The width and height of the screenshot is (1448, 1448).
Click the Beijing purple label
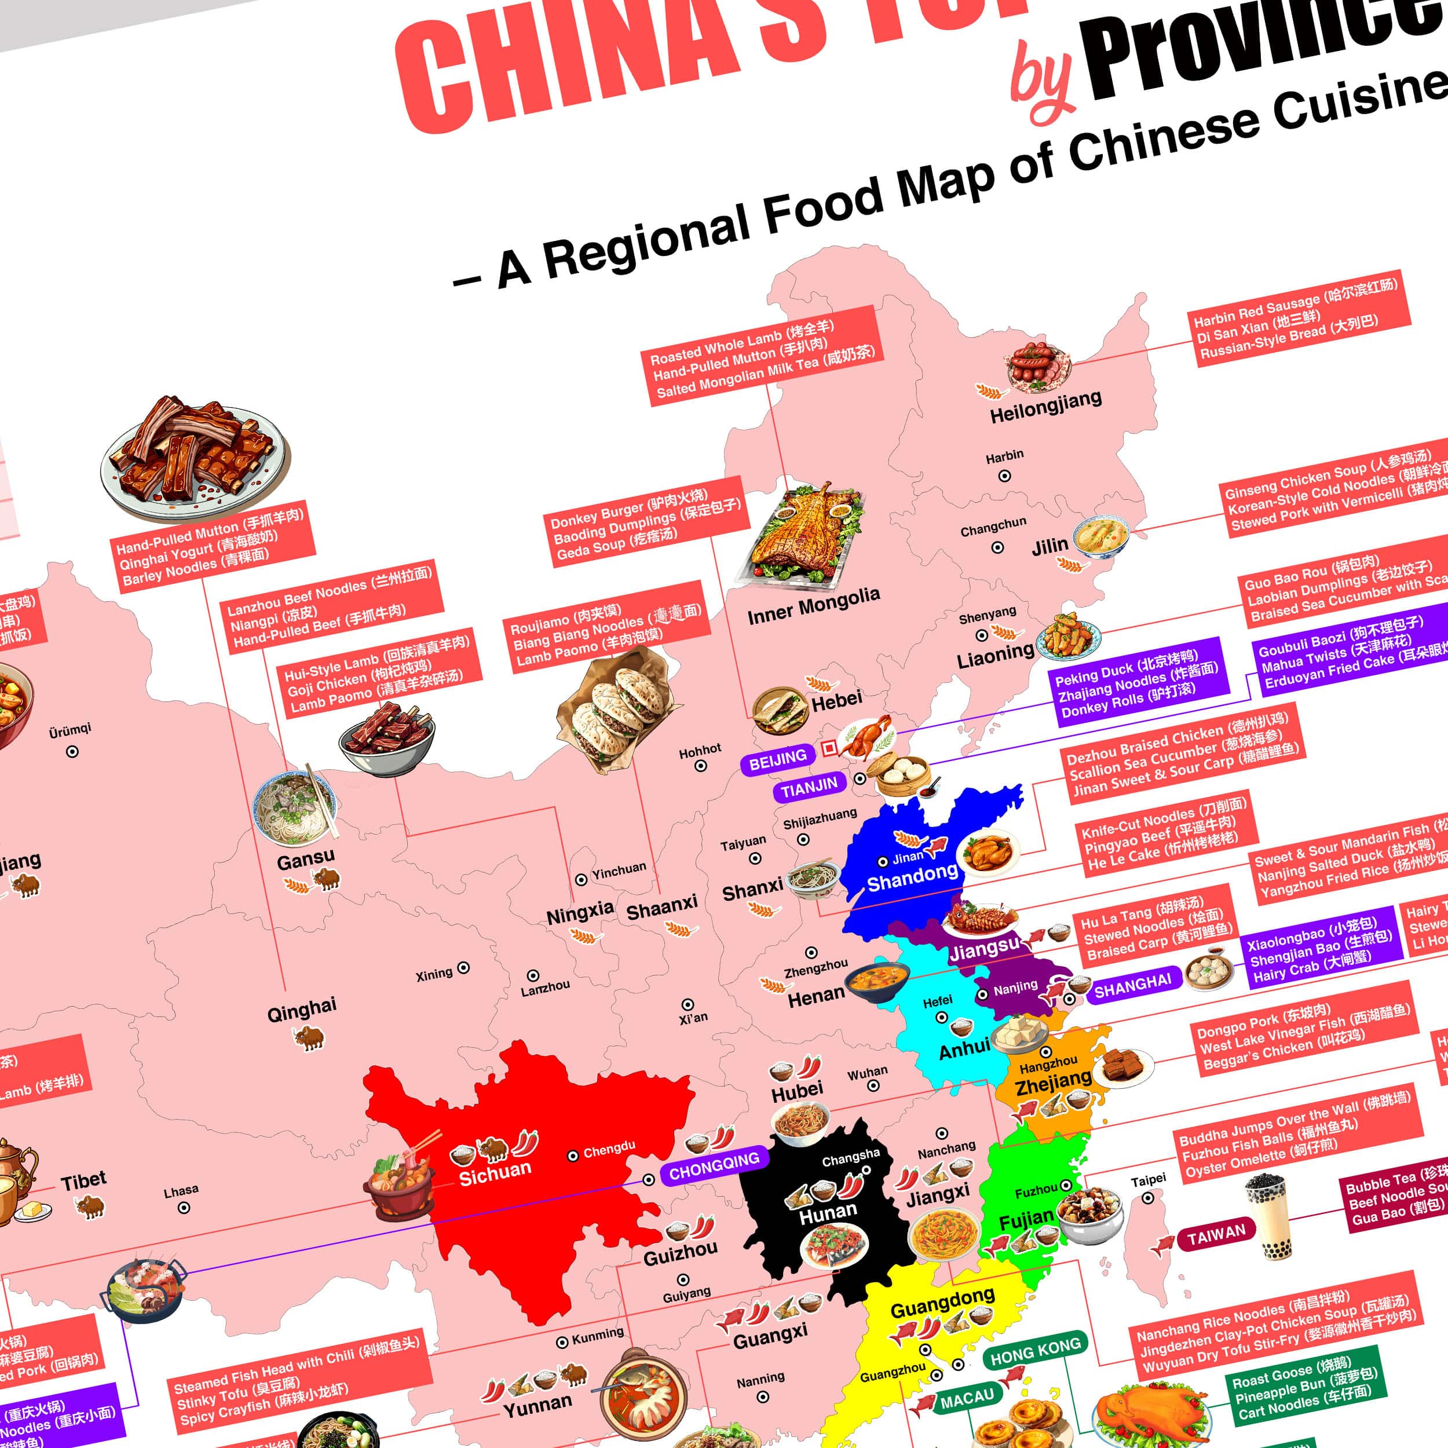point(778,760)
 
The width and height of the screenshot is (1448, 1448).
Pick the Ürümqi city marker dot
point(72,751)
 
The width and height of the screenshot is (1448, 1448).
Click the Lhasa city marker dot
point(184,1208)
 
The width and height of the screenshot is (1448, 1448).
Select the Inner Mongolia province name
point(813,606)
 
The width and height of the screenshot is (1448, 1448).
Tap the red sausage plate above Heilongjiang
point(1038,367)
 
